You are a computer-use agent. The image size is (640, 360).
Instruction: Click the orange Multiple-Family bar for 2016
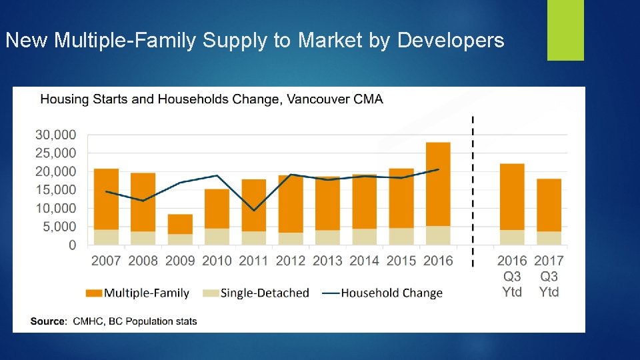pos(438,184)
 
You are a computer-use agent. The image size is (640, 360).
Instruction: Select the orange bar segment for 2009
pos(179,224)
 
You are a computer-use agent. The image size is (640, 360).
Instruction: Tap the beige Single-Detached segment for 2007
pos(106,237)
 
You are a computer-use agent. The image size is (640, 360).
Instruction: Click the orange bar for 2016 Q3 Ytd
pos(512,197)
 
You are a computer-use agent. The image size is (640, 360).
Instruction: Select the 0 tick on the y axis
pos(71,245)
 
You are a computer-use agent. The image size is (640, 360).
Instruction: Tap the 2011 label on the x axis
pos(253,261)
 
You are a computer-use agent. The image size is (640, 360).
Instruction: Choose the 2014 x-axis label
pos(364,261)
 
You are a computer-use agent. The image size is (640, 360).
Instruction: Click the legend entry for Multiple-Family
pos(137,293)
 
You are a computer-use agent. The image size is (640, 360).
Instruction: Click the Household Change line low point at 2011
pos(254,211)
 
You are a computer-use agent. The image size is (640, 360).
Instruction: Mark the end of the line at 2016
pos(438,169)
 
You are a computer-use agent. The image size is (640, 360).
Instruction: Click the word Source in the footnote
pos(48,321)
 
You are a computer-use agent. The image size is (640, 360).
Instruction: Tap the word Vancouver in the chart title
pos(321,100)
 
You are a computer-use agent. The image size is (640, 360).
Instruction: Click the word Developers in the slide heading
pos(451,41)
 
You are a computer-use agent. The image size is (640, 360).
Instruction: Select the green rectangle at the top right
pos(565,30)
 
